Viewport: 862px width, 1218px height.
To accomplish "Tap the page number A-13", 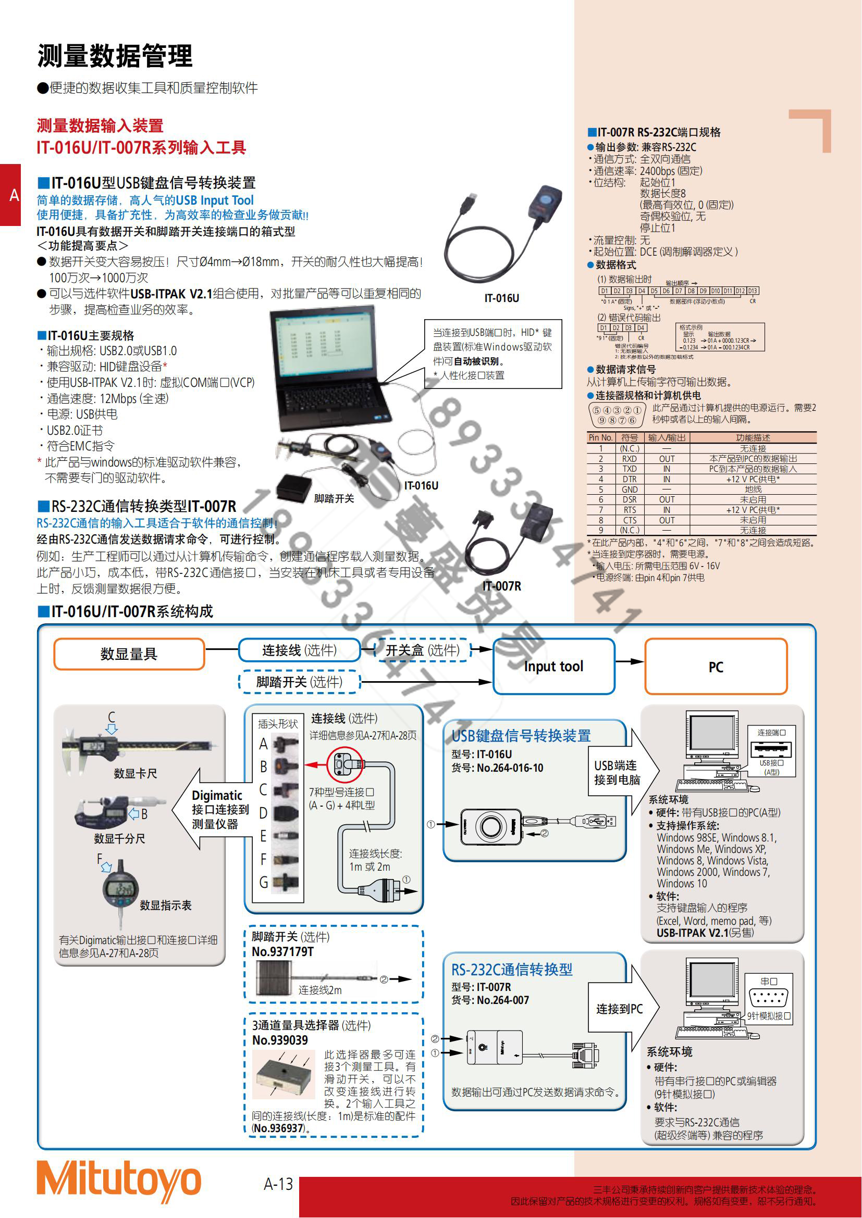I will coord(278,1184).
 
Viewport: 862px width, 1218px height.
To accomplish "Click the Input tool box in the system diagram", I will coord(553,667).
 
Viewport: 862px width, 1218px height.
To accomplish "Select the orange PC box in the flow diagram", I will coord(716,667).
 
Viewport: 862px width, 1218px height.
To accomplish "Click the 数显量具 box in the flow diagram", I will coord(129,654).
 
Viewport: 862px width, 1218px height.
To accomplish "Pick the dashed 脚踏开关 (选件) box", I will coord(299,682).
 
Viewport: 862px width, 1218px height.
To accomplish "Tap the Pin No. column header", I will coord(600,437).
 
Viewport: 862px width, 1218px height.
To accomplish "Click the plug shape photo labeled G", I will coord(287,882).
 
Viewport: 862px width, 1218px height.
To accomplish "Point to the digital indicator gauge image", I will coord(121,888).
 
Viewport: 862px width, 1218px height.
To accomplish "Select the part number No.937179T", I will coord(282,952).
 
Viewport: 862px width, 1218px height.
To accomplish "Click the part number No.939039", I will coord(280,1040).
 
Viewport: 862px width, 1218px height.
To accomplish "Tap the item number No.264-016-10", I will coord(510,768).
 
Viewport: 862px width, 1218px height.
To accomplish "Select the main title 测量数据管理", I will coord(115,56).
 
